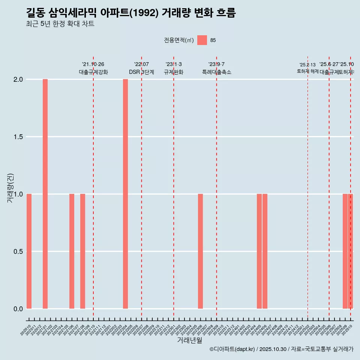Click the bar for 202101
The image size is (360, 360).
click(x=45, y=194)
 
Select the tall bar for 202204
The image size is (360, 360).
click(x=125, y=194)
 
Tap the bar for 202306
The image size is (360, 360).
click(x=200, y=251)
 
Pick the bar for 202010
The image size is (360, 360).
click(x=29, y=251)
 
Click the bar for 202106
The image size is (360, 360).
click(x=72, y=251)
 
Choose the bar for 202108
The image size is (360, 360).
click(x=82, y=251)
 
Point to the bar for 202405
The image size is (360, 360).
click(x=259, y=251)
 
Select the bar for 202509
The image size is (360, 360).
click(x=345, y=251)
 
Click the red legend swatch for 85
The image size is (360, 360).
click(x=202, y=40)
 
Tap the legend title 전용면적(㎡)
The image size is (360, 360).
click(x=179, y=40)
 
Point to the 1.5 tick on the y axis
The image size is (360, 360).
click(x=18, y=137)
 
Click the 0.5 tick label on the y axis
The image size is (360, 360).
click(x=18, y=252)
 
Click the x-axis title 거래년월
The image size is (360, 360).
click(x=189, y=340)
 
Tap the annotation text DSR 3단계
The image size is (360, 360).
click(x=141, y=72)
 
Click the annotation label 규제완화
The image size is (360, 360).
click(x=174, y=72)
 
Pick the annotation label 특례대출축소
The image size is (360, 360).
click(x=216, y=72)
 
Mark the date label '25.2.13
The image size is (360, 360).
click(x=307, y=65)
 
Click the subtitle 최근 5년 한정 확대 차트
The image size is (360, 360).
click(x=60, y=24)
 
